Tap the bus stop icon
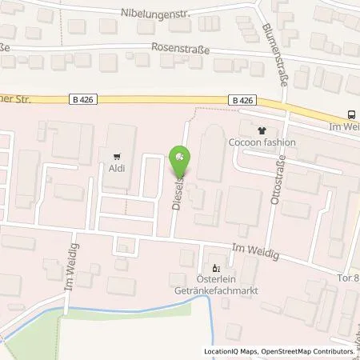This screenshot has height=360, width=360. (x=352, y=114)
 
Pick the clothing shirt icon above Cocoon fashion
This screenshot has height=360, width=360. (x=261, y=130)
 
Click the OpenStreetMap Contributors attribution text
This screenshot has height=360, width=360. (x=313, y=351)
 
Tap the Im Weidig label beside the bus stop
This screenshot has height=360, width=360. (x=346, y=127)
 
